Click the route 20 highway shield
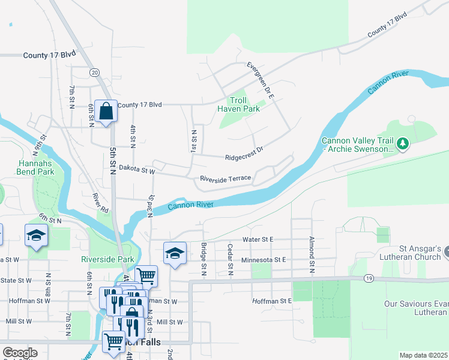click(94, 72)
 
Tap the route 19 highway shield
click(367, 278)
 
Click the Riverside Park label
click(108, 260)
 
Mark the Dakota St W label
click(137, 170)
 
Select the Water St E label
click(258, 239)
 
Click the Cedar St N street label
click(230, 256)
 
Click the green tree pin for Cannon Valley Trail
click(403, 143)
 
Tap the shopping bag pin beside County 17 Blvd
click(106, 112)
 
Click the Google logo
click(20, 353)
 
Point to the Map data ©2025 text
click(423, 355)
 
